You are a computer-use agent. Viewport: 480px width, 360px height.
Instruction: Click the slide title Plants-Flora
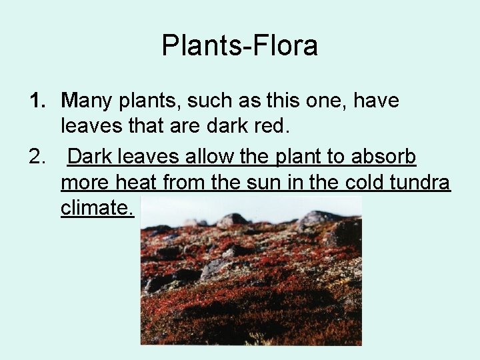239,45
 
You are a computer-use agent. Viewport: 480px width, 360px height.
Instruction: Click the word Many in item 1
87,101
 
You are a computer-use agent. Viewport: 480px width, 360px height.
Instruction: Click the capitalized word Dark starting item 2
91,157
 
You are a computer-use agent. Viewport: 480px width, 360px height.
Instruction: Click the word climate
97,208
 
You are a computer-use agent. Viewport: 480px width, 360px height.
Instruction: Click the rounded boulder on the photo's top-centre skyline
232,219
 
